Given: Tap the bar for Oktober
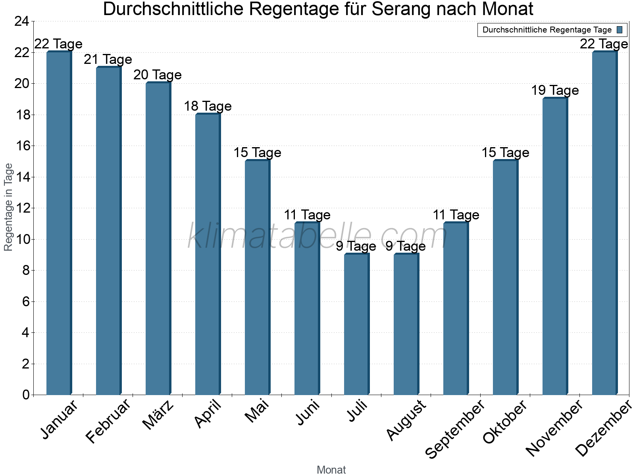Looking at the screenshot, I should point(505,278).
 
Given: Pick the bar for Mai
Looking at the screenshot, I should point(257,278).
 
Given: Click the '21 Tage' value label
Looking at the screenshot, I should point(108,59).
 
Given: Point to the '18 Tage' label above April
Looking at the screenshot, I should point(208,106).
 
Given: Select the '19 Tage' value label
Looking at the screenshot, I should point(555,90).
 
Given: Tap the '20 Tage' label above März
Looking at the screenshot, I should point(158,75).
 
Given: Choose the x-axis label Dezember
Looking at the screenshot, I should point(603,428).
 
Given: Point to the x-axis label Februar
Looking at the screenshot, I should point(108,421).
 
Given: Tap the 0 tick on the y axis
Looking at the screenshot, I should point(26,395).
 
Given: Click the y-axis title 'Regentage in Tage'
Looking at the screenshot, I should point(8,207).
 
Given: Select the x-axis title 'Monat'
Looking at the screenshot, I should point(331,470).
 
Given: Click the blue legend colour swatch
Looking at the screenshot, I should point(620,30).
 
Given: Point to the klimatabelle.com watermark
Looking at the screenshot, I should point(317,236).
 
